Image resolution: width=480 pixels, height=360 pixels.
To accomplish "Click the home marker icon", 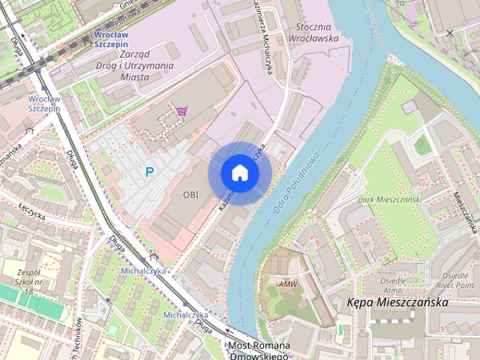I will pyautogui.click(x=239, y=172).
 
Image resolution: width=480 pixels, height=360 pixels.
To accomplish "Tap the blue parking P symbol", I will pyautogui.click(x=149, y=172).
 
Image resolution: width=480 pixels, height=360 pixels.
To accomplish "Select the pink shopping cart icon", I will pyautogui.click(x=182, y=112).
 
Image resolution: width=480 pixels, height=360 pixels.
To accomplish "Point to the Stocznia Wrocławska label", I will pyautogui.click(x=313, y=32).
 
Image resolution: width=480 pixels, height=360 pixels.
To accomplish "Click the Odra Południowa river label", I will pyautogui.click(x=297, y=181).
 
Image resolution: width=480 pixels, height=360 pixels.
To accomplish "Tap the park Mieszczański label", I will pyautogui.click(x=390, y=199).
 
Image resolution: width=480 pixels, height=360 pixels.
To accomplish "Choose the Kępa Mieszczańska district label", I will pyautogui.click(x=398, y=302).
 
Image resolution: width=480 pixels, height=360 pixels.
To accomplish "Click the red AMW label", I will pyautogui.click(x=287, y=284).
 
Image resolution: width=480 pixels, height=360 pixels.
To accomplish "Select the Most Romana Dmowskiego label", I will pyautogui.click(x=259, y=351).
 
